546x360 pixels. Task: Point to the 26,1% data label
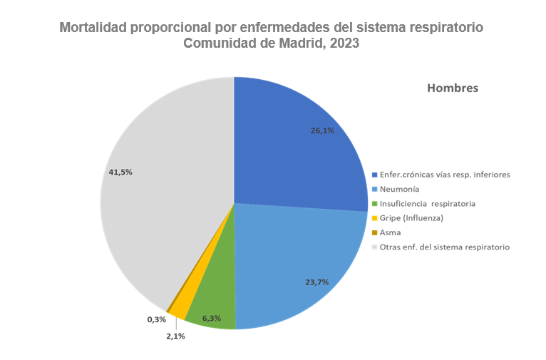click(x=322, y=131)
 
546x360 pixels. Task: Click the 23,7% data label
click(x=316, y=282)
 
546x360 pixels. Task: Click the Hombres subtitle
click(x=452, y=88)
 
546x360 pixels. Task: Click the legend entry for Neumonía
click(x=399, y=189)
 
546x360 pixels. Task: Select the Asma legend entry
click(x=391, y=232)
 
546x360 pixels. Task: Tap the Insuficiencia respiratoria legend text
click(x=428, y=204)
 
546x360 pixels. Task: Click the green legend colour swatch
click(x=375, y=204)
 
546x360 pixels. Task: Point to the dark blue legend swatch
click(x=375, y=175)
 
